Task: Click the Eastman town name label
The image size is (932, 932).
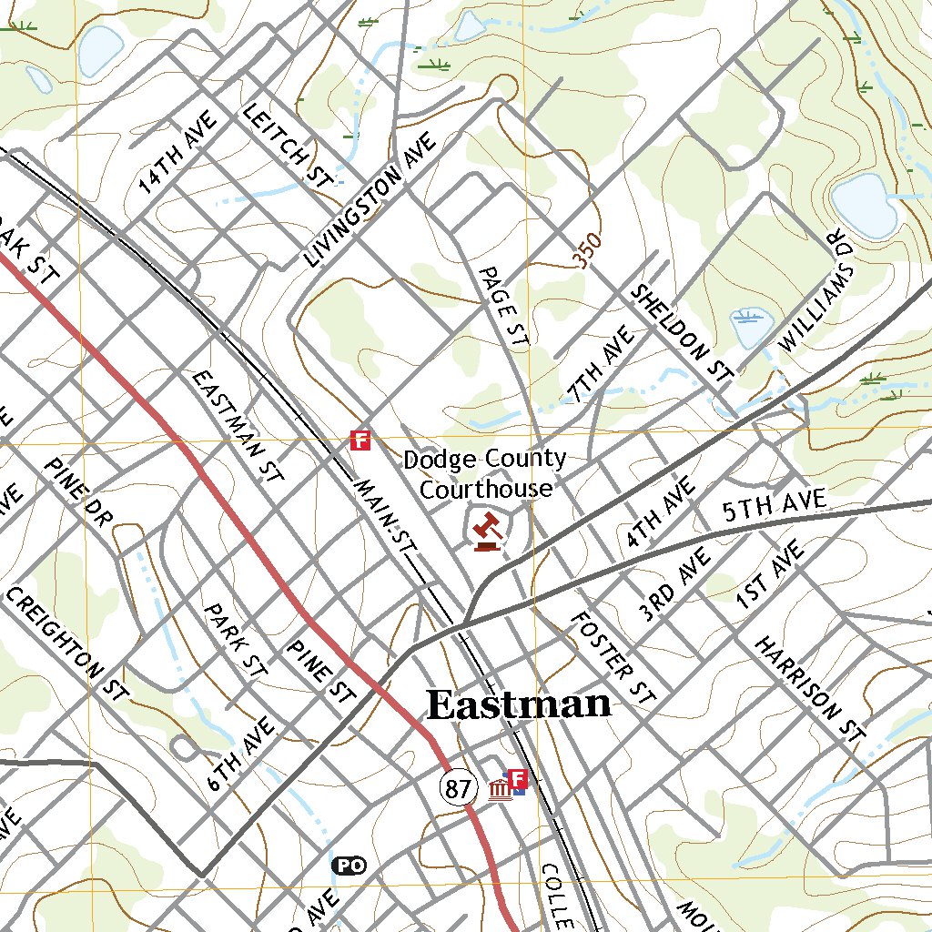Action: pos(519,705)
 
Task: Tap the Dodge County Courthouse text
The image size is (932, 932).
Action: pos(485,474)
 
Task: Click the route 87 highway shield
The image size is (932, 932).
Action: pos(457,788)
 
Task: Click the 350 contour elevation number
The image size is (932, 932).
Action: pos(587,251)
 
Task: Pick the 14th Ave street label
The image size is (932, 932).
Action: pos(178,153)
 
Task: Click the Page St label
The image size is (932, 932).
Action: pos(503,308)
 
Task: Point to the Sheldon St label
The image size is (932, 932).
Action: pos(683,332)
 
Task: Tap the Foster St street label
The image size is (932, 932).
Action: pos(613,659)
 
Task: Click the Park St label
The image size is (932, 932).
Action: pos(235,639)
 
